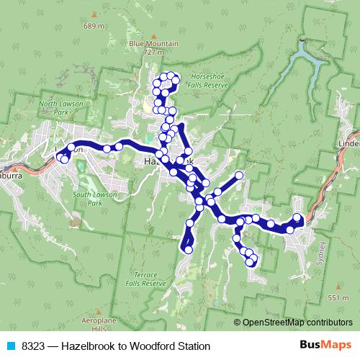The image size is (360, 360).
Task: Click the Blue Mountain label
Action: click(x=153, y=43)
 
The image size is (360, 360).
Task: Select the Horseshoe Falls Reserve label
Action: click(x=209, y=80)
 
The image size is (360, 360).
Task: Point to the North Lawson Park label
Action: click(x=58, y=108)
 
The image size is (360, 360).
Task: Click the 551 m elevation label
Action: click(x=338, y=297)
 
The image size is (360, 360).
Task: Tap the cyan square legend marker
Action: click(x=10, y=346)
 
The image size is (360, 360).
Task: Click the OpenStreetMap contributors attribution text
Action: click(x=297, y=323)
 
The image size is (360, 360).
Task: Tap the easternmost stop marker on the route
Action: click(x=298, y=217)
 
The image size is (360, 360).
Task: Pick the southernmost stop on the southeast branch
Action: click(x=251, y=263)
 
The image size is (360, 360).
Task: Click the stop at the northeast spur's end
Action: click(x=239, y=176)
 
